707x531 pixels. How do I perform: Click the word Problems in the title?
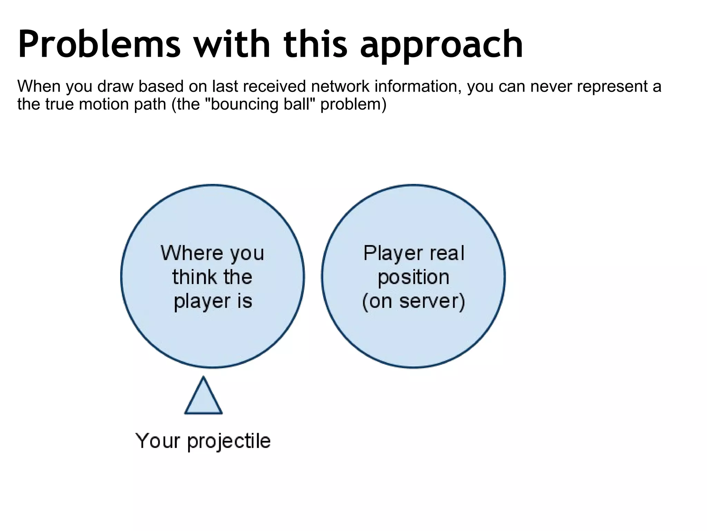pos(99,44)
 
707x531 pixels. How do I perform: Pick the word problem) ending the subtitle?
pos(353,104)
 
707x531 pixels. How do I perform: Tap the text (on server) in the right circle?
pos(413,301)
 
